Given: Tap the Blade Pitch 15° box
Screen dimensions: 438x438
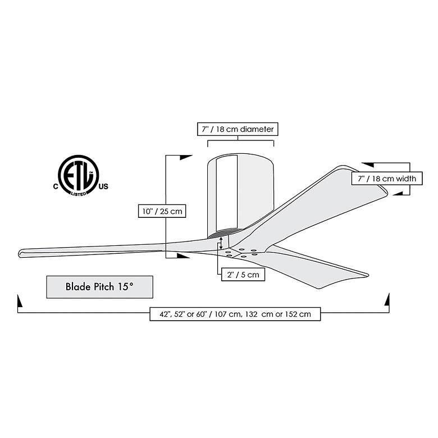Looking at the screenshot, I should tap(99, 286).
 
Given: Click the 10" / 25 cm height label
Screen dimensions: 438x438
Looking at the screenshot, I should tap(161, 211).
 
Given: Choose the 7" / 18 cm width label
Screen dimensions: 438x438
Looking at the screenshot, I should tap(386, 179).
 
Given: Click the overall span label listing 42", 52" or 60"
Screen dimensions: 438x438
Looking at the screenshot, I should tap(235, 314).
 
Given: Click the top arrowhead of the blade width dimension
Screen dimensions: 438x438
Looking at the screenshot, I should tap(367, 165).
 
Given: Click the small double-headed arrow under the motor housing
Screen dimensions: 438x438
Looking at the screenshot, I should tap(221, 243).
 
